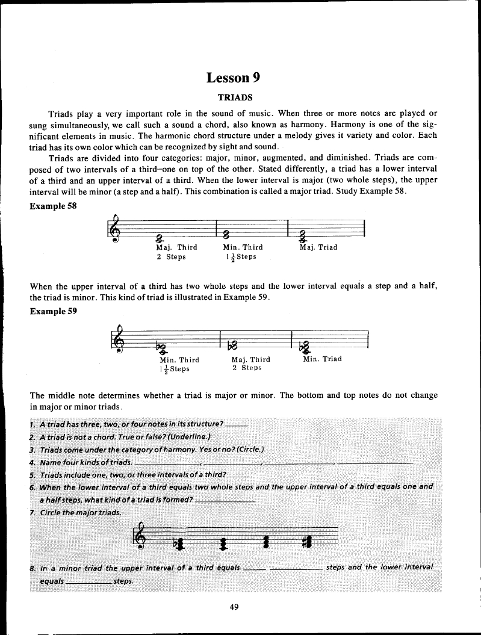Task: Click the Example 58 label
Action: click(54, 206)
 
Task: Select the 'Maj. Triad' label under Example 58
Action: click(318, 247)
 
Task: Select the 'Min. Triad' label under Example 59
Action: click(322, 359)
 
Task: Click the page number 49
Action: click(235, 607)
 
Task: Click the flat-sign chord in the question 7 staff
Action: click(179, 544)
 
